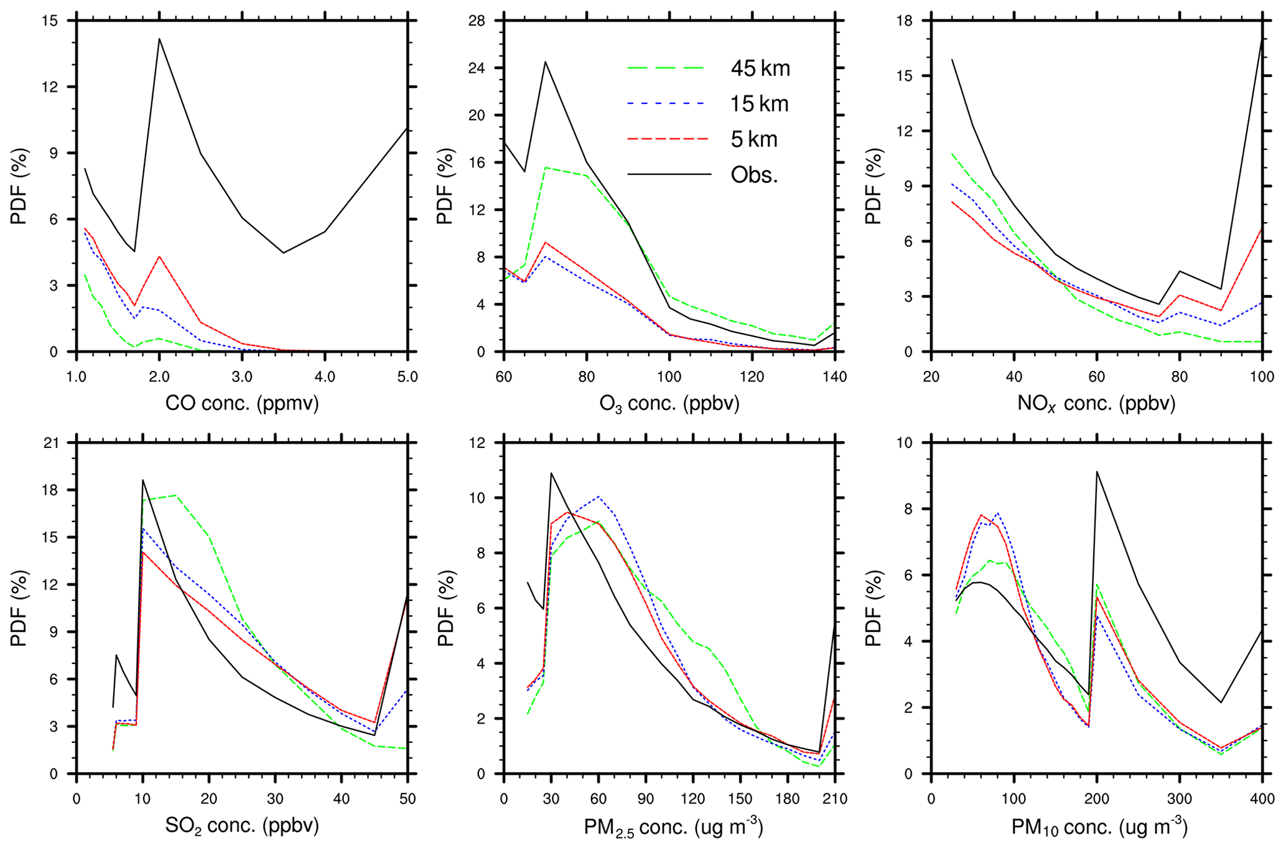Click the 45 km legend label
point(760,68)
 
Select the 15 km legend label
point(759,104)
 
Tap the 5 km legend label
point(754,139)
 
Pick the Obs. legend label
point(754,175)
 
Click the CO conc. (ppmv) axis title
point(242,403)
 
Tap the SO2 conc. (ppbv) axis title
point(242,826)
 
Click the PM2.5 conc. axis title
point(673,826)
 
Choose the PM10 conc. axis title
point(1099,826)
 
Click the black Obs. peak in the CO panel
point(159,39)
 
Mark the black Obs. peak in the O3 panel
point(545,62)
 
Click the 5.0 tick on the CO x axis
point(407,377)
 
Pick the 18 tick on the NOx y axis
point(912,21)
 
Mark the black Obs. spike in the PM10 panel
point(1097,472)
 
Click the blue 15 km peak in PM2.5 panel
point(599,497)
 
